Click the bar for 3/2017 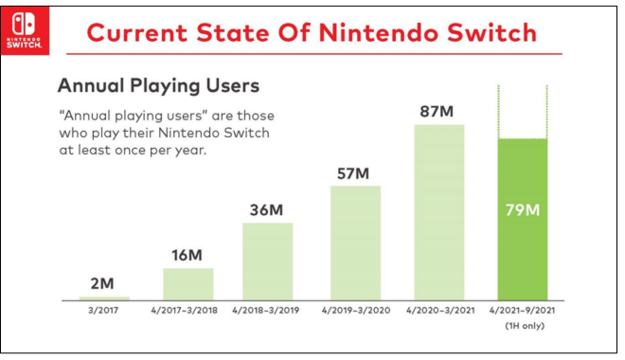pos(105,297)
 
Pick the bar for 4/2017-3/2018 pos(188,283)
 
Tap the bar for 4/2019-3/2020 pos(355,242)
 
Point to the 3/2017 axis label pos(105,311)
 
